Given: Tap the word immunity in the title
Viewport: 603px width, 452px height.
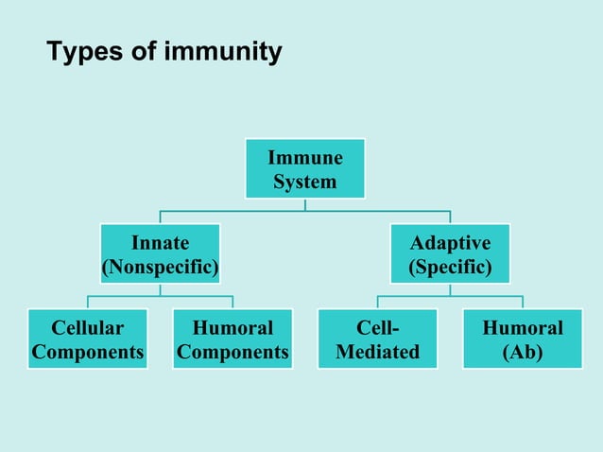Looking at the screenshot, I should click(223, 52).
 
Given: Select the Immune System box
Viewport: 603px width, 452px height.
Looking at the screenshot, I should click(304, 168).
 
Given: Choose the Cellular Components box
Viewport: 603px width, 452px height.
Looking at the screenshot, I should click(87, 339).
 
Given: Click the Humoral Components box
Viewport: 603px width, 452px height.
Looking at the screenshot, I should click(233, 339).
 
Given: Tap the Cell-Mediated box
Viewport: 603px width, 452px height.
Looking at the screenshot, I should click(377, 339).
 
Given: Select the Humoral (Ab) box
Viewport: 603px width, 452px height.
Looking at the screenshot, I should click(522, 339).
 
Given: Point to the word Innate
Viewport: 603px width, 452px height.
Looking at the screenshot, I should click(160, 243).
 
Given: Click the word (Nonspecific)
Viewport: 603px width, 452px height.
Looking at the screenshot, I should click(160, 268).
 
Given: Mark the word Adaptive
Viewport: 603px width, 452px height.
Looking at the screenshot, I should click(450, 243).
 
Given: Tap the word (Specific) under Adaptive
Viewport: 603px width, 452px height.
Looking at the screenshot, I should click(450, 268).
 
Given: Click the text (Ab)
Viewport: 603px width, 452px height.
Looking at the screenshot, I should click(522, 353).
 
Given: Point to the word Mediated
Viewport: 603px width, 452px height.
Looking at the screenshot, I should click(377, 353).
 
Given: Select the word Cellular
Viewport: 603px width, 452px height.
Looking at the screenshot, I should click(87, 328).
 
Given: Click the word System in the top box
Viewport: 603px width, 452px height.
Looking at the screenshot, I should click(304, 182).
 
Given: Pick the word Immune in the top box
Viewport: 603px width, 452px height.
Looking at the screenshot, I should click(304, 157).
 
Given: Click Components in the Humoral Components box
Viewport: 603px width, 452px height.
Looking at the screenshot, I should click(233, 353).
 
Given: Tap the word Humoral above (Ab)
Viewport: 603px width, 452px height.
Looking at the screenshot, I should click(522, 328).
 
